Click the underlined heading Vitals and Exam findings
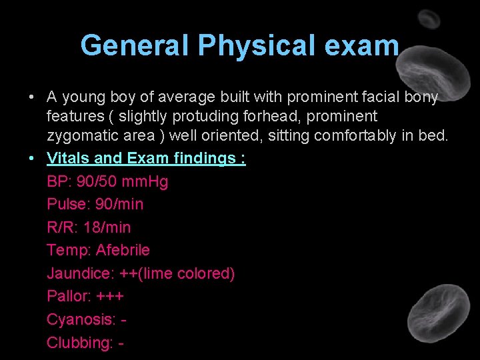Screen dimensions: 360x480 point(146,159)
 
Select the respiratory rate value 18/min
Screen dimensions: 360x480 point(107,227)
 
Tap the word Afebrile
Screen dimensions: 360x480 point(123,250)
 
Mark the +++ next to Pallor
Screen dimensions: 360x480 point(110,296)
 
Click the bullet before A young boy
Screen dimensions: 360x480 point(32,97)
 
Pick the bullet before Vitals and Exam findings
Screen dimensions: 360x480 point(32,159)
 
